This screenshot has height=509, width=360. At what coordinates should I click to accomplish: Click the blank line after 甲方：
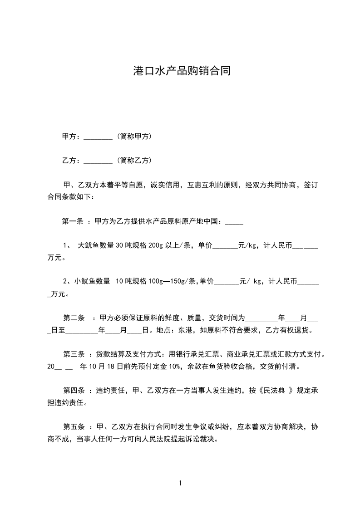[x=98, y=137]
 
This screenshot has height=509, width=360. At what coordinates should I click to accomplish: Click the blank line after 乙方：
[x=98, y=161]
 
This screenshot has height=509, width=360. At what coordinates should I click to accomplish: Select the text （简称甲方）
[x=134, y=137]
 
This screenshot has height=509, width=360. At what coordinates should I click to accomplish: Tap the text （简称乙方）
[x=134, y=161]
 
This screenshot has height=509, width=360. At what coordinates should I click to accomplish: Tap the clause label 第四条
[x=73, y=390]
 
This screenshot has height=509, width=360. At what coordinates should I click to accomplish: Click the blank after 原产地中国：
[x=234, y=222]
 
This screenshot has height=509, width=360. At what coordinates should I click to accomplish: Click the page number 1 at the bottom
[x=181, y=483]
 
